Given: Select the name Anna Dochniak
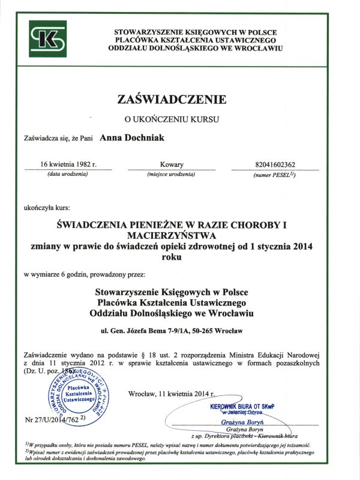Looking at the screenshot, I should (x=127, y=138).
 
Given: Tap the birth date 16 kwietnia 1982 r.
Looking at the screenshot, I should (x=68, y=164).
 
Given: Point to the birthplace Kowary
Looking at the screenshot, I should (x=172, y=164).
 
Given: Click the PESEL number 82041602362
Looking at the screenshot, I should (x=275, y=164).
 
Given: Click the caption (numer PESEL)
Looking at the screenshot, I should (x=275, y=175).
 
